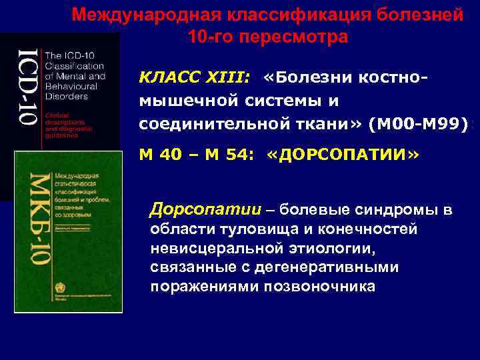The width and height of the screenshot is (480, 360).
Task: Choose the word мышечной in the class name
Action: click(x=176, y=100)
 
